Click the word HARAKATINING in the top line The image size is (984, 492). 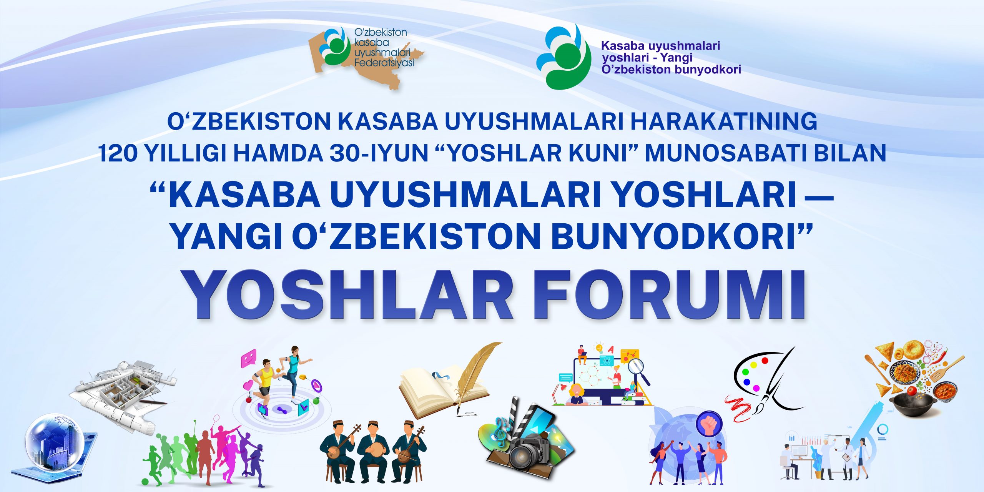pyautogui.click(x=724, y=121)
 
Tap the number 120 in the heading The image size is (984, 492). pyautogui.click(x=118, y=153)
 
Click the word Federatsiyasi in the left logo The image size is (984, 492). pyautogui.click(x=384, y=63)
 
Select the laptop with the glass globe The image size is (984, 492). pyautogui.click(x=54, y=448)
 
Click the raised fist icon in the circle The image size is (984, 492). pyautogui.click(x=708, y=423)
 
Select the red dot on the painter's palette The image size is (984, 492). pyautogui.click(x=765, y=361)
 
